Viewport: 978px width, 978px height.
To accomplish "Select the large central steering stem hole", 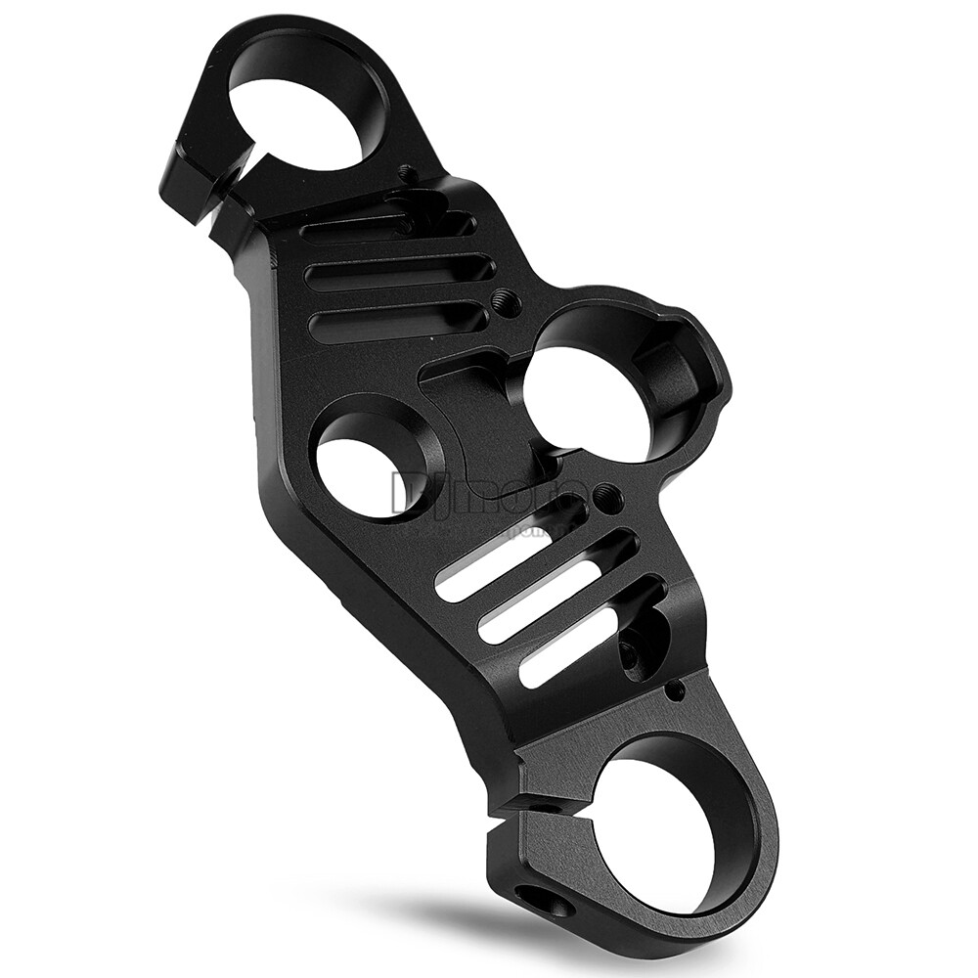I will [x=586, y=401].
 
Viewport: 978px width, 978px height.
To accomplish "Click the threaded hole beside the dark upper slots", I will [x=506, y=300].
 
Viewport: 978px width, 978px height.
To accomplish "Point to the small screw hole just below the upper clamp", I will [x=408, y=174].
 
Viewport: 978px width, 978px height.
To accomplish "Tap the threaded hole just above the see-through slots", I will [x=608, y=499].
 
